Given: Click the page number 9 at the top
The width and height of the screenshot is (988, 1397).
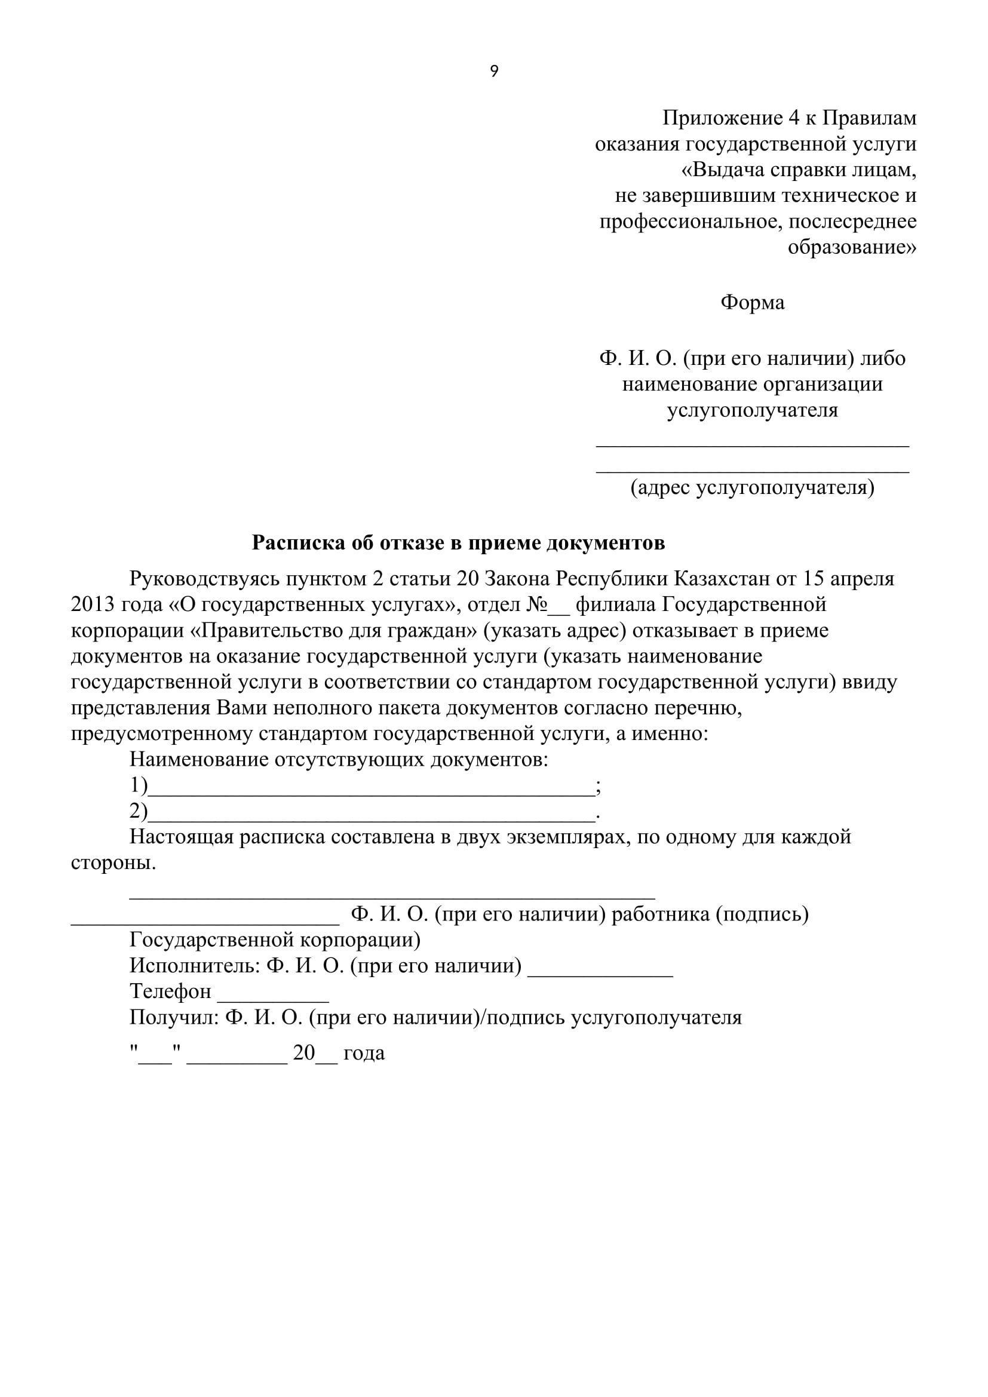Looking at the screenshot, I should (x=494, y=72).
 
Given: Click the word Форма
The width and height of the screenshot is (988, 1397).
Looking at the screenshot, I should (x=752, y=302).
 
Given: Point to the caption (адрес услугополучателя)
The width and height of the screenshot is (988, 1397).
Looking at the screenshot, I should (x=752, y=487).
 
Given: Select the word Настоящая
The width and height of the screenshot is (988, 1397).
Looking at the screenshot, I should (x=180, y=837).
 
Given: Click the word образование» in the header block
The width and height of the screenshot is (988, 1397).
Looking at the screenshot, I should (x=852, y=248).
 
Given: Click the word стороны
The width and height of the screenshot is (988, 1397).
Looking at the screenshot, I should (x=113, y=864).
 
